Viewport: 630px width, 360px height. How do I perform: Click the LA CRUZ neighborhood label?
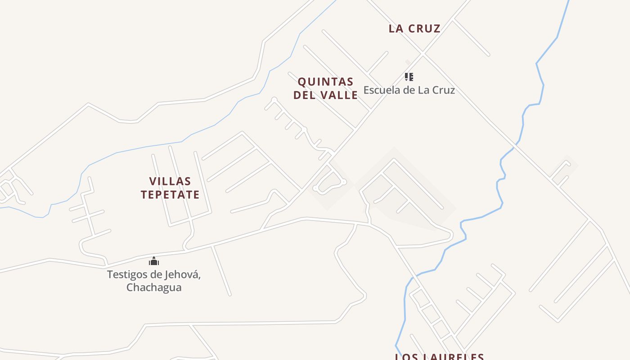tap(414, 28)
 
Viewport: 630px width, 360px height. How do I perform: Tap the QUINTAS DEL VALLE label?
tap(326, 88)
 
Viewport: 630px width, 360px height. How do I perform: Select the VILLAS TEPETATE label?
tap(170, 188)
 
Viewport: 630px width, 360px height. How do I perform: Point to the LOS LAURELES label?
tap(439, 356)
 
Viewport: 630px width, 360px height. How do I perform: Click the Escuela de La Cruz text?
tap(409, 90)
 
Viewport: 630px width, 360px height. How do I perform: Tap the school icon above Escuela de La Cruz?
tap(409, 77)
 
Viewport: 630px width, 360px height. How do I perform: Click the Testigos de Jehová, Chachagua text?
tap(154, 280)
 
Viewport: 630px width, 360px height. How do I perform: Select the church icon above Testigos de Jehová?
tap(154, 261)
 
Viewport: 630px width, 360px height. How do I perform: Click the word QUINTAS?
tap(326, 82)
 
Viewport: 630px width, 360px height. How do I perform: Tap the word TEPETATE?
tap(170, 194)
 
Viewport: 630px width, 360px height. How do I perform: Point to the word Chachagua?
tap(154, 287)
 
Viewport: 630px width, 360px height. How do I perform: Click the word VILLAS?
tap(170, 181)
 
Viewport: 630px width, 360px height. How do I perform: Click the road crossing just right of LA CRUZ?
tap(423, 54)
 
